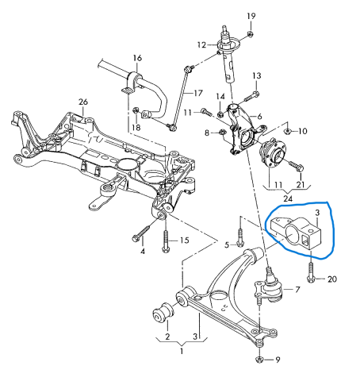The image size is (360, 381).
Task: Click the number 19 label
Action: tap(251, 17)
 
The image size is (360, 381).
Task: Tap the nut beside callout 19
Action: tap(251, 34)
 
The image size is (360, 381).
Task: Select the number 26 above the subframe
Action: tap(83, 102)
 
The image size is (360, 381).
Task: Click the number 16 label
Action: tap(137, 58)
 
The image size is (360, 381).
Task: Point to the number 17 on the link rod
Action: tap(198, 93)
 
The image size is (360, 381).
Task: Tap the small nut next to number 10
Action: tap(288, 131)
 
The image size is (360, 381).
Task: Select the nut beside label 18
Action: tap(136, 110)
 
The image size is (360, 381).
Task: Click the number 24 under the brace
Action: tap(288, 198)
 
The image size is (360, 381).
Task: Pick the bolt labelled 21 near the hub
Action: tap(297, 165)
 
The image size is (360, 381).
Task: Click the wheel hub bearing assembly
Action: tap(272, 156)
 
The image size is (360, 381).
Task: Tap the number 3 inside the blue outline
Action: tap(317, 213)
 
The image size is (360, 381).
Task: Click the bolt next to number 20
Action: tap(311, 272)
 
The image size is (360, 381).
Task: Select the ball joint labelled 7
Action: tap(271, 287)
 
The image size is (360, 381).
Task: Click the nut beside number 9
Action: tap(260, 359)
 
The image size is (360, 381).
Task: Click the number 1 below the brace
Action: tap(182, 352)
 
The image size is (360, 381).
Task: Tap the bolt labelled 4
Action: tap(143, 233)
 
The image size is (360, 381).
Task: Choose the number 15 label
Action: tap(185, 241)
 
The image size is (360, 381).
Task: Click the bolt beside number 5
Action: tap(240, 237)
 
